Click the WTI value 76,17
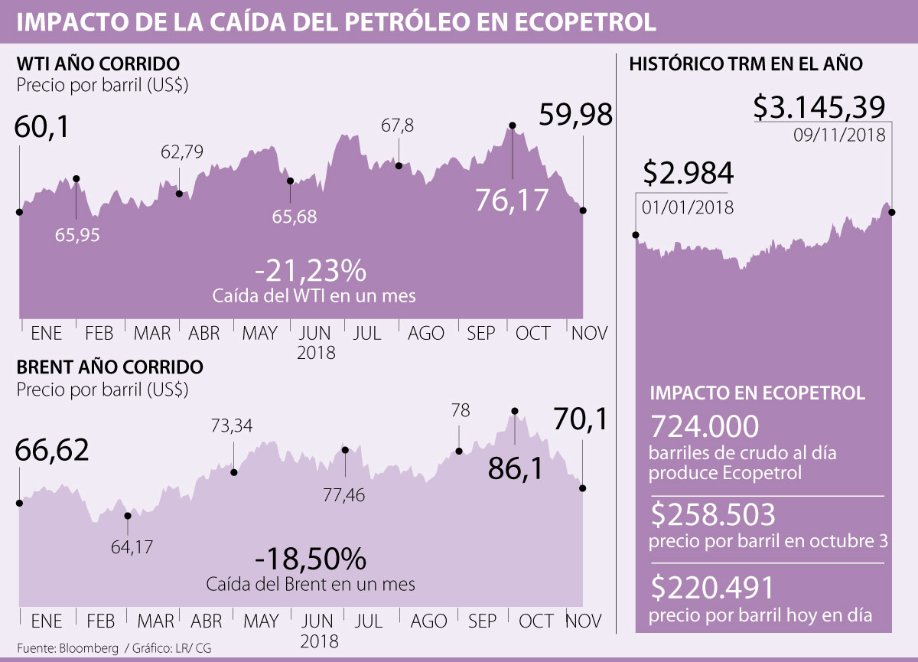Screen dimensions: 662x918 tap(512, 200)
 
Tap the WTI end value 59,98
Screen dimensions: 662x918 tap(575, 116)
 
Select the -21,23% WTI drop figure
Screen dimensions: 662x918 tap(311, 271)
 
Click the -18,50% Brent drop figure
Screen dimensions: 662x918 tap(311, 560)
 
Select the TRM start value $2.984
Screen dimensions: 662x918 tap(688, 174)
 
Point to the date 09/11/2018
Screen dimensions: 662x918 tap(840, 136)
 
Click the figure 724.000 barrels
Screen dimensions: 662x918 tap(704, 426)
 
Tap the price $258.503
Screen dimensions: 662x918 tap(714, 515)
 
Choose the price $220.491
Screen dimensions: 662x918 tap(714, 588)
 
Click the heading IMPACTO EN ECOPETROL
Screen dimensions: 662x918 tap(757, 393)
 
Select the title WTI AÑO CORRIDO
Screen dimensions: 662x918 tap(98, 63)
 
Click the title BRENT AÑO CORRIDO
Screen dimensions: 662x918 tap(110, 367)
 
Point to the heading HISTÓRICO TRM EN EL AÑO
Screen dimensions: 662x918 tap(745, 64)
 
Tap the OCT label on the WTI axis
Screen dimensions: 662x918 tap(533, 333)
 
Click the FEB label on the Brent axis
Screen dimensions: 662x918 tap(101, 620)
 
